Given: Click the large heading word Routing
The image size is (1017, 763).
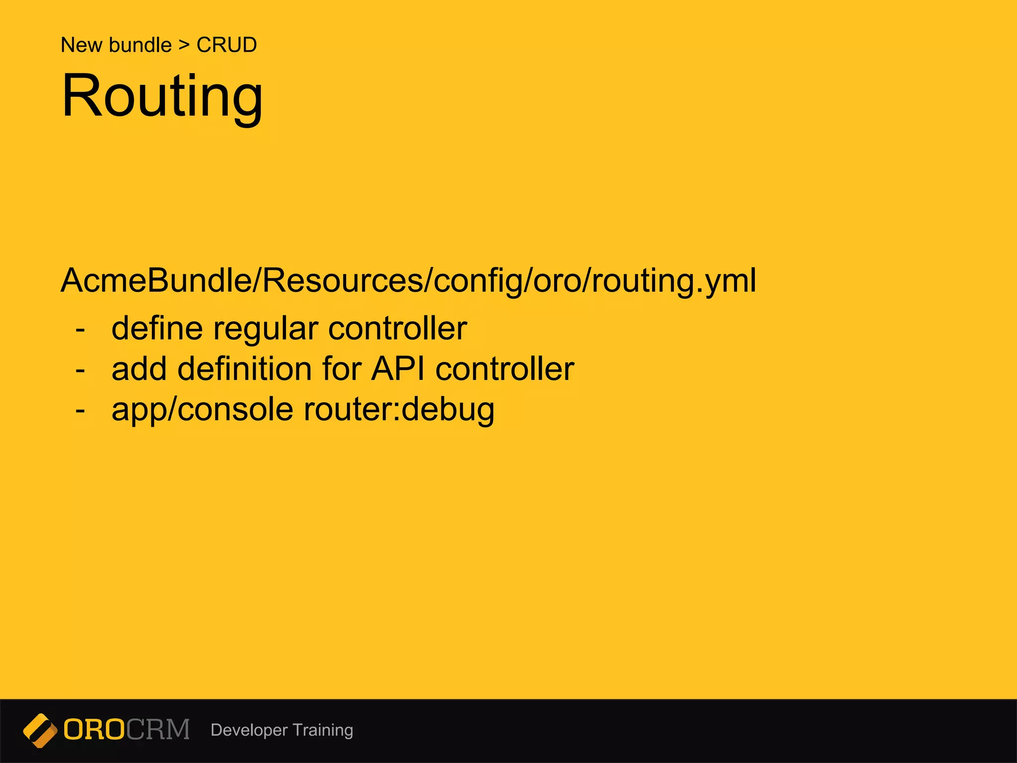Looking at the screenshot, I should point(162,96).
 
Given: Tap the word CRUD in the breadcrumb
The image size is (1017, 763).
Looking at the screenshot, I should point(226,45).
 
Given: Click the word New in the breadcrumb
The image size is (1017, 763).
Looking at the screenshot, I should point(81,45).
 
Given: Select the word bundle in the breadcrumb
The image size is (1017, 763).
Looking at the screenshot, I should point(141,45).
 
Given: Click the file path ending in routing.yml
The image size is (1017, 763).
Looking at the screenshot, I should point(408,281).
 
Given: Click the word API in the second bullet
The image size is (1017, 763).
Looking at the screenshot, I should point(398,369).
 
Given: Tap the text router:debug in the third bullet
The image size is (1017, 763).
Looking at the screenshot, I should point(399,410).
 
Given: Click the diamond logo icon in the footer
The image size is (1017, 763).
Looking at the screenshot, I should point(40,730).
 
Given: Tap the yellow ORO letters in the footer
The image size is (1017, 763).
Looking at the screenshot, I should point(94,730).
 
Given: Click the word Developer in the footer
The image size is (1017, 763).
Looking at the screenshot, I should point(249,730).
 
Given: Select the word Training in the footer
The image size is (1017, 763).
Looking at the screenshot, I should point(323,730).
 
